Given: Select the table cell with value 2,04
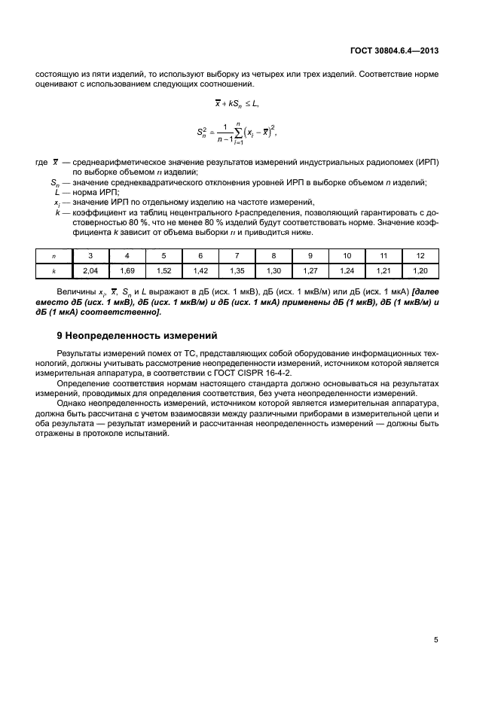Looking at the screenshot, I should [90, 269].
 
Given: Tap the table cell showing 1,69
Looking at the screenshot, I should [127, 269].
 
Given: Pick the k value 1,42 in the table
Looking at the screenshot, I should [200, 269].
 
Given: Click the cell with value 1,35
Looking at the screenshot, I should [237, 269].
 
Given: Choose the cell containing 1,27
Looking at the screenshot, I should [310, 269].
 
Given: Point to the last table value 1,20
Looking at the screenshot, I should [420, 269].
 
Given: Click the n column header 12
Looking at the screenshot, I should [420, 255].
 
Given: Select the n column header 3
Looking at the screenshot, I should [90, 255].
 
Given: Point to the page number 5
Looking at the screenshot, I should [436, 640].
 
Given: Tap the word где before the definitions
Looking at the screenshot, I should [41, 163].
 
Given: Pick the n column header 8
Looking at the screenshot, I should [273, 255].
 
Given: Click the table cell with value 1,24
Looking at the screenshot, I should [347, 269].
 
